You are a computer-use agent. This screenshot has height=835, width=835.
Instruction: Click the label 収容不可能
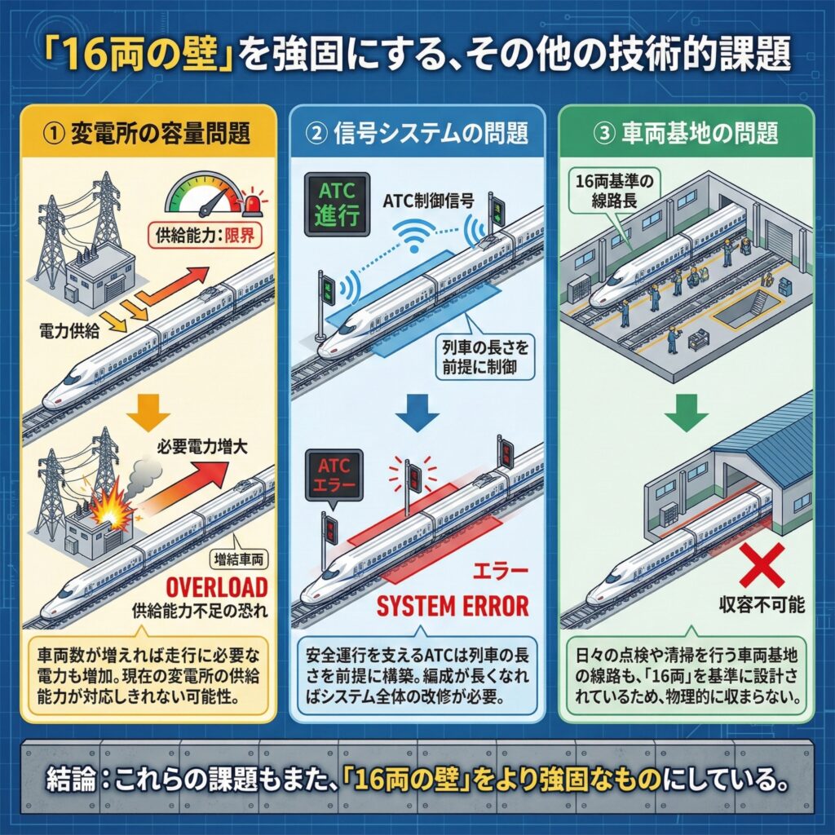click(x=760, y=606)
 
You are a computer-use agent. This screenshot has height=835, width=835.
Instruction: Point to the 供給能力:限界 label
click(x=201, y=237)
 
